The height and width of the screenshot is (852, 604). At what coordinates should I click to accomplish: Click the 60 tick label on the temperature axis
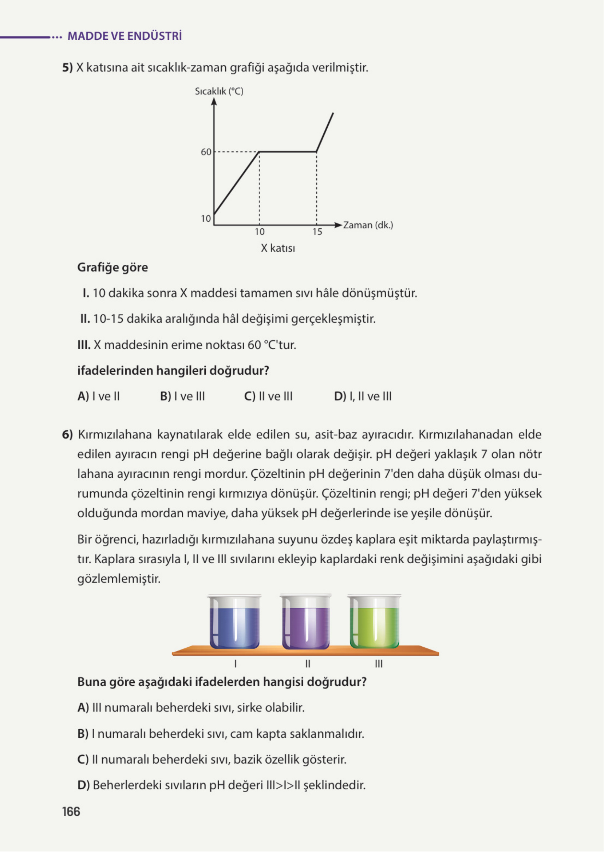pos(206,152)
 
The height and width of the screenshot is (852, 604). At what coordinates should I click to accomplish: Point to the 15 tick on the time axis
pos(317,232)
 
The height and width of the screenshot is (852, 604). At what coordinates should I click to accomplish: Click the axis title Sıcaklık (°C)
pos(219,91)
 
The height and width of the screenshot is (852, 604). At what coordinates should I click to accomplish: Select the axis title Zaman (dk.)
pos(367,225)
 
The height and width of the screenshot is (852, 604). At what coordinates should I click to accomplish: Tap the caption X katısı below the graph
pos(278,248)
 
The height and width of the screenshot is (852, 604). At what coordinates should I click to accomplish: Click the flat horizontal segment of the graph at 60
pos(288,152)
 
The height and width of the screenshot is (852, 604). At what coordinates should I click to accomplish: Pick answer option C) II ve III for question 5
pos(268,397)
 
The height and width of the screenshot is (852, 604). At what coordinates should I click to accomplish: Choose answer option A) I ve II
pos(99,397)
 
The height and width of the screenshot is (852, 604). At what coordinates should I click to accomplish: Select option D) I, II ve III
pos(363,397)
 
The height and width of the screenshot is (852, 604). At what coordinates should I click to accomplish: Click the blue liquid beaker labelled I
pos(234,623)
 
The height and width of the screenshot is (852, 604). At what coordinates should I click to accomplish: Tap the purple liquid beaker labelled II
pos(305,623)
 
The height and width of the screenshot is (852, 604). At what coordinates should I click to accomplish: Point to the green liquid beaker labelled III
pos(374,623)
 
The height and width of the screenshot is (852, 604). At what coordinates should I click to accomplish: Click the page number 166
pos(71,812)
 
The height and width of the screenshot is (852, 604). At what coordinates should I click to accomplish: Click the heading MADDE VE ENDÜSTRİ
pos(125,36)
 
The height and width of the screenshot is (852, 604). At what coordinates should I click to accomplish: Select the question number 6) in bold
pos(67,434)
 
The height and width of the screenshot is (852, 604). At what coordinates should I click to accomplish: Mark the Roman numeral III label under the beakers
pos(379,664)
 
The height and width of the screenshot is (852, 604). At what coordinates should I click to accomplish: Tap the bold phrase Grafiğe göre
pos(112,267)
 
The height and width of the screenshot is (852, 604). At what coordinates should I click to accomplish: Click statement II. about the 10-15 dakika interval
pos(228,319)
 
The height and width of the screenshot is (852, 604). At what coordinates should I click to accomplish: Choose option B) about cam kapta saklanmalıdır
pos(221,734)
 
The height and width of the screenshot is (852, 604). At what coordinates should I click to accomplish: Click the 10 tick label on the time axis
pos(259,232)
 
